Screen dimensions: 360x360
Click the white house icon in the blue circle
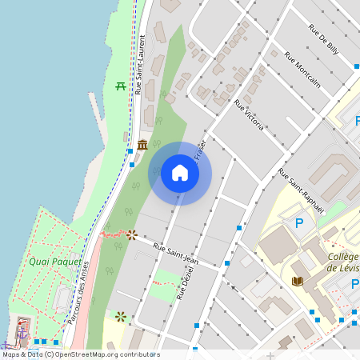180,173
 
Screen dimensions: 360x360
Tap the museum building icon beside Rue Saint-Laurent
142,145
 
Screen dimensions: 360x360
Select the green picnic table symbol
121,86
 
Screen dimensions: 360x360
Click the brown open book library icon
298,282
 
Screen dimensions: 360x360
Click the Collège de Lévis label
342,262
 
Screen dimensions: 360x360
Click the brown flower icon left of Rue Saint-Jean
131,234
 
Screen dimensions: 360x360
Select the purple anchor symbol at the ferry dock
23,331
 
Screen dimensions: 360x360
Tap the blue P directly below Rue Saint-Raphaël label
300,223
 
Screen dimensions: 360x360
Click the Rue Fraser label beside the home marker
200,150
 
